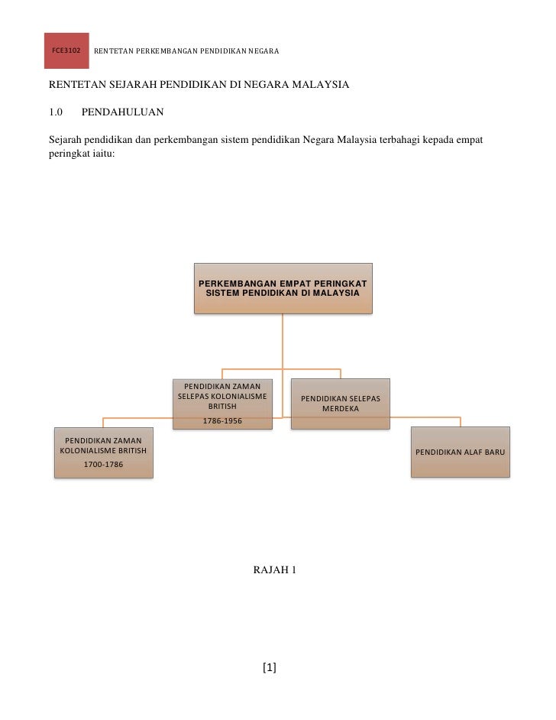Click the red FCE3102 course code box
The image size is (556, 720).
(66, 50)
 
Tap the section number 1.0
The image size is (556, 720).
(55, 113)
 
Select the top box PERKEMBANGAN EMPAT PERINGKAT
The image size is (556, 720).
(283, 288)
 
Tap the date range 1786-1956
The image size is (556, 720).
(222, 420)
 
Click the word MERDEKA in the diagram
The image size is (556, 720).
(341, 409)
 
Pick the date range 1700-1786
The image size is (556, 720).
(103, 463)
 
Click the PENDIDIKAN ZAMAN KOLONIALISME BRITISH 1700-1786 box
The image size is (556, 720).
(103, 452)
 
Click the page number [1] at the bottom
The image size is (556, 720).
(269, 668)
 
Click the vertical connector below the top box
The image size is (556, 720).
(283, 344)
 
